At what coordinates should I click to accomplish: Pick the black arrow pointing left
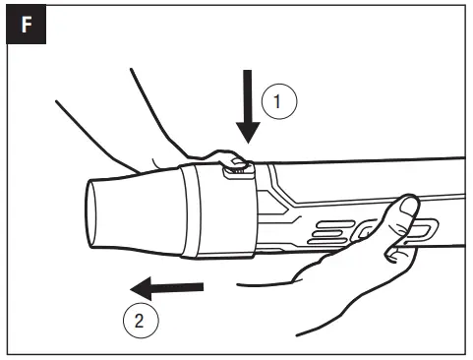click(x=167, y=288)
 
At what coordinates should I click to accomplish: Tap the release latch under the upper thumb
click(x=238, y=168)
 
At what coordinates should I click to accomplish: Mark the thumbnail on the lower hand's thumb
click(x=406, y=206)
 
